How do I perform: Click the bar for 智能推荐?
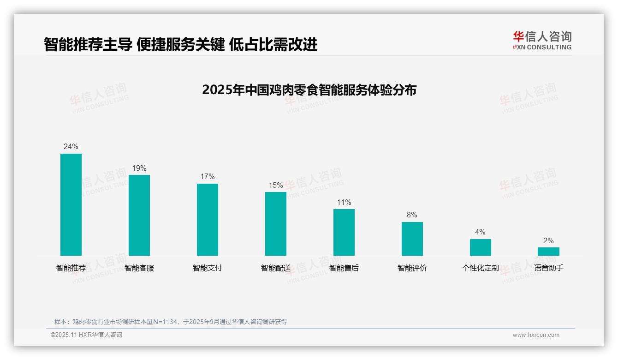pos(71,204)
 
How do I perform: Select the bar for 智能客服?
pos(139,215)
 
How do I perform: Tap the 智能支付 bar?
pos(208,220)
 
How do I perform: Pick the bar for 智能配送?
pos(276,224)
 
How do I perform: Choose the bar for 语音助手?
pos(548,252)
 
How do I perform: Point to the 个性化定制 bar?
pos(481,247)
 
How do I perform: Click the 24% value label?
pos(71,146)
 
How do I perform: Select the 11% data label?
pos(344,202)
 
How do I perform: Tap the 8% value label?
pos(412,215)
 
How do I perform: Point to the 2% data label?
pos(548,240)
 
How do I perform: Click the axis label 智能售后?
pos(344,268)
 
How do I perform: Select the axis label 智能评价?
pos(412,268)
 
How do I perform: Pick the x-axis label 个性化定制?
pos(481,268)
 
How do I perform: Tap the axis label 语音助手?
pos(549,268)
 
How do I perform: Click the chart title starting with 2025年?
pos(309,90)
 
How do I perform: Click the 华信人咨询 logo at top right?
pos(542,40)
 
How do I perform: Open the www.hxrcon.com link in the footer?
pos(536,335)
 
